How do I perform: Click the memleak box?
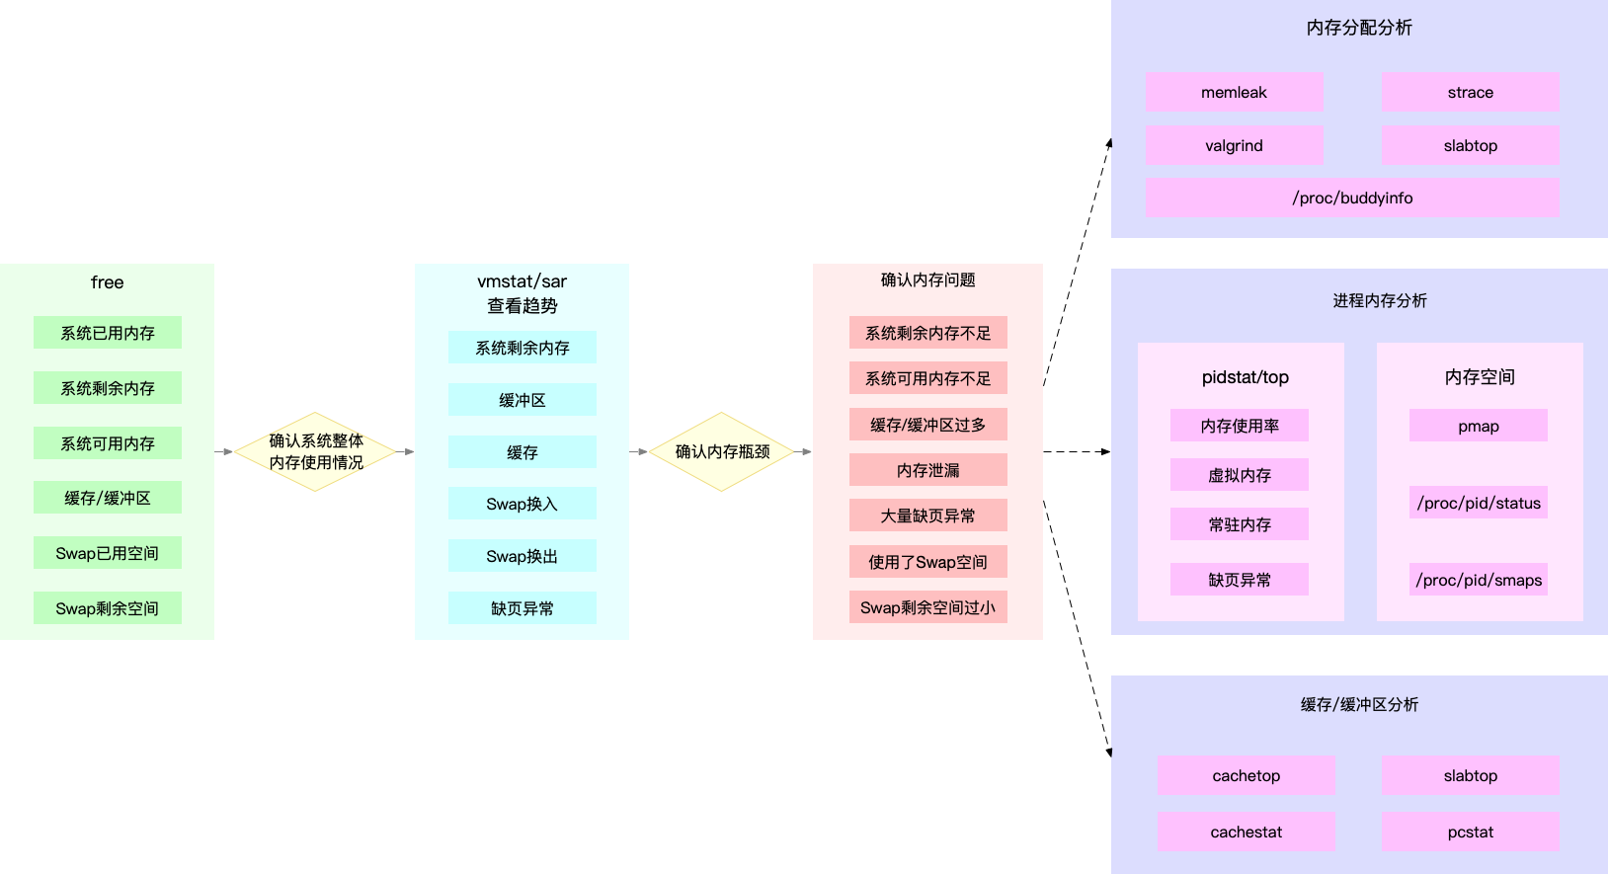pos(1234,92)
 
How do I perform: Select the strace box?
pos(1470,92)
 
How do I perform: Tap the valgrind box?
pos(1234,145)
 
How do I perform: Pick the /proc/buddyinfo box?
pos(1352,198)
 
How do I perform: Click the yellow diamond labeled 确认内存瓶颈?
pos(722,451)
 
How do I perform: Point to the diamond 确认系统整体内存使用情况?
pos(316,451)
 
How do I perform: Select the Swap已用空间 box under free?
pos(108,553)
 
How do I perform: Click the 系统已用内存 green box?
pos(108,333)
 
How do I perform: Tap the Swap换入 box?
pos(522,504)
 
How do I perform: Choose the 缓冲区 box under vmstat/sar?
pos(522,400)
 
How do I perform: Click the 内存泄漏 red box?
pos(927,470)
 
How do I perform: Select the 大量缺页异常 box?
pos(927,516)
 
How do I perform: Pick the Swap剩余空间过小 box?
pos(927,607)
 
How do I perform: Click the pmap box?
pos(1478,426)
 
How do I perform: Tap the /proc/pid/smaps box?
pos(1479,580)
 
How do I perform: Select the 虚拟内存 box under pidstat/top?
pos(1240,475)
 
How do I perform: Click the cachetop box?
pos(1246,775)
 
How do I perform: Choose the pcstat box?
pos(1470,832)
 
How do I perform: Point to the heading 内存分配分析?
pos(1359,28)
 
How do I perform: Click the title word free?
pos(108,282)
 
